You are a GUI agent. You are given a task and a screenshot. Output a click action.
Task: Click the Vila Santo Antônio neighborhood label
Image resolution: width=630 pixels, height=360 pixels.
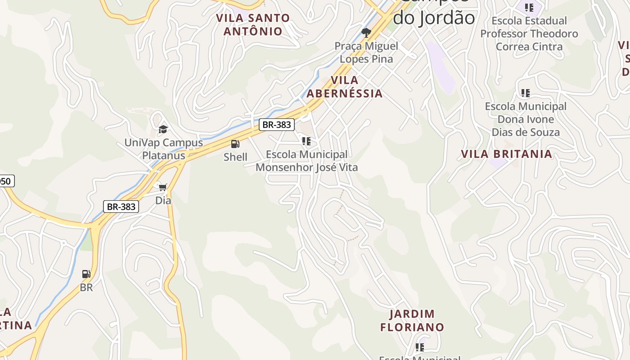253,25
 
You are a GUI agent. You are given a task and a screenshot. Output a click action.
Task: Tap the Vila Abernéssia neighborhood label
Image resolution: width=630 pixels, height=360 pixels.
345,87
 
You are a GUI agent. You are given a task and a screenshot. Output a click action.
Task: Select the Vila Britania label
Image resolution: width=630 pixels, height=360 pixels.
506,154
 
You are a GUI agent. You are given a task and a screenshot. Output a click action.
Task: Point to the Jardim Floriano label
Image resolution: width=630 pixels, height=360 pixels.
412,320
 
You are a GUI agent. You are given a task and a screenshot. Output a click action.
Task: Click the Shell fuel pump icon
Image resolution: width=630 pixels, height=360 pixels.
235,144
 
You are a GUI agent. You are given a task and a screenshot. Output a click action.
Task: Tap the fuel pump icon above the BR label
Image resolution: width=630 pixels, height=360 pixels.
86,274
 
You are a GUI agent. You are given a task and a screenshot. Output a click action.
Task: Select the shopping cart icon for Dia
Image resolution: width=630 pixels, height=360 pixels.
163,187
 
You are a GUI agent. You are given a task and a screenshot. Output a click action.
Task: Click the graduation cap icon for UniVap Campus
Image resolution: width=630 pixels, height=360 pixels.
163,130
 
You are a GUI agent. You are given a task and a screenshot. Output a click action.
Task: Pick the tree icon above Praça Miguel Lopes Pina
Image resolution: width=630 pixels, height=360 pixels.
366,32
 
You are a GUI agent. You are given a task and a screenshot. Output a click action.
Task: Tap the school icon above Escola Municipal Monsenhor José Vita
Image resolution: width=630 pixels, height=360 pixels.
306,141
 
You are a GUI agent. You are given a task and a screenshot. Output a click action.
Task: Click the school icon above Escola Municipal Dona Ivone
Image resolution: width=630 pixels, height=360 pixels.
525,93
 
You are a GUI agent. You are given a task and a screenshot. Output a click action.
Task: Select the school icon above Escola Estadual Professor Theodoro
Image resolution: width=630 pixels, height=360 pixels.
529,8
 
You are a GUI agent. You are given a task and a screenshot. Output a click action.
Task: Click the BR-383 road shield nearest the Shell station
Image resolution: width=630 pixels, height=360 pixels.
277,125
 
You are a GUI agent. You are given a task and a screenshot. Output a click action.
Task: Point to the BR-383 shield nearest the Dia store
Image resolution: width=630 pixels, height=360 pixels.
121,207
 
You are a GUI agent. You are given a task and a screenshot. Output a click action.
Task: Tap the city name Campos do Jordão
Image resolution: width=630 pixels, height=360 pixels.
434,13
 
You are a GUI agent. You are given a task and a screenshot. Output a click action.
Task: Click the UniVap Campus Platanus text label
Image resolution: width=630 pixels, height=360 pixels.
164,149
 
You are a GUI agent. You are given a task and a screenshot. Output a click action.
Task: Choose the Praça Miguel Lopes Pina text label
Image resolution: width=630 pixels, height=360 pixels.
366,52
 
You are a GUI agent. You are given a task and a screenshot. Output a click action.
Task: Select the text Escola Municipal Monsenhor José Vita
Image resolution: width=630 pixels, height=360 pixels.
307,161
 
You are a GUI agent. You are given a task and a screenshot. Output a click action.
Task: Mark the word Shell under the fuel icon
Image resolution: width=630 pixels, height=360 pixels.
235,157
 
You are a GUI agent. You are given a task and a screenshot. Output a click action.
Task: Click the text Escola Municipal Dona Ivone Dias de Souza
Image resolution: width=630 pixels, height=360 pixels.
526,119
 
